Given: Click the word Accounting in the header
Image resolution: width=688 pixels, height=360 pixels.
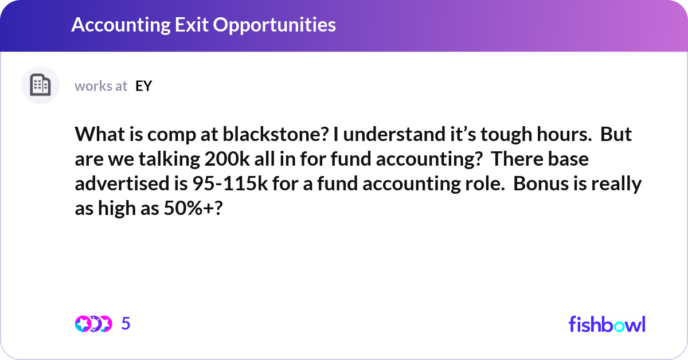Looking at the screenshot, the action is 121,25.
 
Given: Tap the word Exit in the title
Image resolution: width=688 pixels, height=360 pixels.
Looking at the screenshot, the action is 192,25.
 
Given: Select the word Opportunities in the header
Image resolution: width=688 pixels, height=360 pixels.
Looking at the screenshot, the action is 274,25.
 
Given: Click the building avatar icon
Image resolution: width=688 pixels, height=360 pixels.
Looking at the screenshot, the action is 40,85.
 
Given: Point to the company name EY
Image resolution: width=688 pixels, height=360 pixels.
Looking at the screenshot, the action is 144,86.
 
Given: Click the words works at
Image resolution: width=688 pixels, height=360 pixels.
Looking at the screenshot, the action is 101,86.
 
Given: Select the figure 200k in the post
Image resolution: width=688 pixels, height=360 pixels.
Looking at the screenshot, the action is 227,159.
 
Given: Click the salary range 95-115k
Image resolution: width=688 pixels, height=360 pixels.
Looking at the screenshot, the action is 230,183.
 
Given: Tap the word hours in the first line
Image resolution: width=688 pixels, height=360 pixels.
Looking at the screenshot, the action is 564,134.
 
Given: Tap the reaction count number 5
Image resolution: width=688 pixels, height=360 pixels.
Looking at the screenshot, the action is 126,323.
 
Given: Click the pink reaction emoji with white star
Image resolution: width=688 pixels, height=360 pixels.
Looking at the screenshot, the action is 83,324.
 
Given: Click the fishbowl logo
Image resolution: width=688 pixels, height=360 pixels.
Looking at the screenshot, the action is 607,324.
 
